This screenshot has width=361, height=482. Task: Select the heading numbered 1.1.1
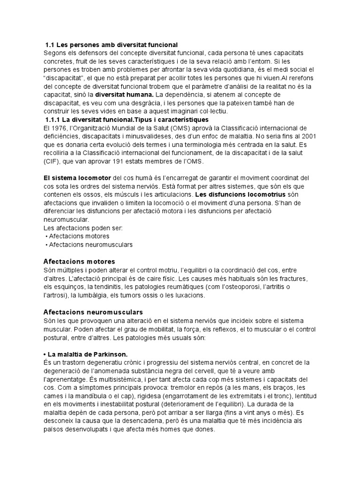click(x=126, y=120)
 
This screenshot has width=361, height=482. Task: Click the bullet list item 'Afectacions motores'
click(x=79, y=236)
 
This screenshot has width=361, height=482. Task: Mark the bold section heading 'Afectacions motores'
click(x=79, y=261)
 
